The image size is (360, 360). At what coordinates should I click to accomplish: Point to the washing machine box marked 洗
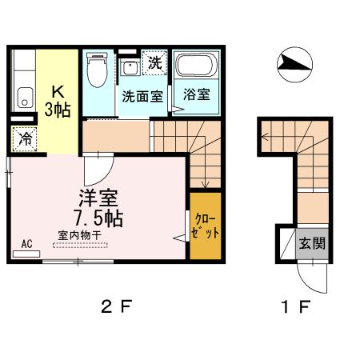tap(153, 61)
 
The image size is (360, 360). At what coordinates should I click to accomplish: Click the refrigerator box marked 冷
tap(25, 138)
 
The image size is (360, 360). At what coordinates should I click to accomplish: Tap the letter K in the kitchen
tap(58, 90)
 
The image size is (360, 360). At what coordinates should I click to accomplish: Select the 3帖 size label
tap(58, 109)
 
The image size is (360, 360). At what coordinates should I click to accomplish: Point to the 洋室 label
tap(94, 197)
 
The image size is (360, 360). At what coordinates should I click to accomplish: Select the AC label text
tap(26, 243)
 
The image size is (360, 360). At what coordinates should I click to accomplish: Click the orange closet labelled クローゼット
tap(206, 226)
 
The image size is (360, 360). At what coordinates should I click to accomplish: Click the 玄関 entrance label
tap(313, 243)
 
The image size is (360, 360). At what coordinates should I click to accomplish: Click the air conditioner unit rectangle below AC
tap(26, 254)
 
